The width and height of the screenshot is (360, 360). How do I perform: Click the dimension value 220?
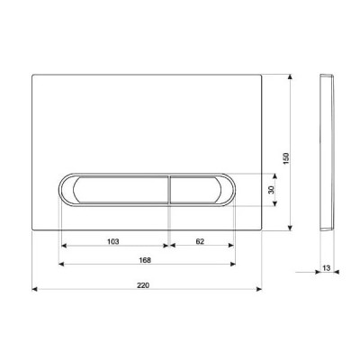pyautogui.click(x=143, y=285)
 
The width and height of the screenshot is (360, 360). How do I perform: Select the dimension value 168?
pyautogui.click(x=145, y=260)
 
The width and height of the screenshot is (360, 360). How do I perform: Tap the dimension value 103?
pyautogui.click(x=113, y=241)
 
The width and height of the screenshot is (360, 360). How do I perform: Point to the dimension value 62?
pyautogui.click(x=200, y=241)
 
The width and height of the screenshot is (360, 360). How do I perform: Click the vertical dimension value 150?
pyautogui.click(x=286, y=158)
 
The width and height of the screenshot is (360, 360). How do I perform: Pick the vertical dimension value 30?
pyautogui.click(x=271, y=190)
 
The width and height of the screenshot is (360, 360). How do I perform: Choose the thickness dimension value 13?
pyautogui.click(x=327, y=267)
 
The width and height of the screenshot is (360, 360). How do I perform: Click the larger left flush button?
pyautogui.click(x=115, y=190)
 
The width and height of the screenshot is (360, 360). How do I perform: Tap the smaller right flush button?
pyautogui.click(x=202, y=190)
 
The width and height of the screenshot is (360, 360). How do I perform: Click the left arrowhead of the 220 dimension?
pyautogui.click(x=34, y=289)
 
